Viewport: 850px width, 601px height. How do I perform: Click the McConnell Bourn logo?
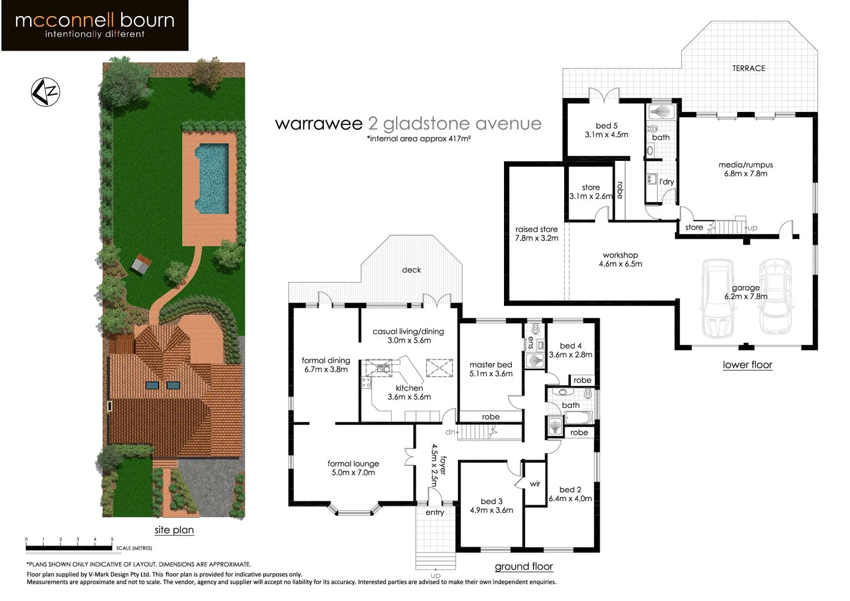coord(95,26)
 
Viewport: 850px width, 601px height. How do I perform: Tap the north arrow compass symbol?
coord(45,92)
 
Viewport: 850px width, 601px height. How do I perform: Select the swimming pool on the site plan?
coord(211,179)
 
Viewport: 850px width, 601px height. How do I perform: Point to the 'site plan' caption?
coord(174,530)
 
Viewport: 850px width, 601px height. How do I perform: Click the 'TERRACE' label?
coord(748,68)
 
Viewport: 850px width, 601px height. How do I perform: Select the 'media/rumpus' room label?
coord(745,165)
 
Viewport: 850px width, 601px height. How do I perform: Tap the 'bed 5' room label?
coord(606,126)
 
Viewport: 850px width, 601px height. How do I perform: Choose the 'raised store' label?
coord(536,229)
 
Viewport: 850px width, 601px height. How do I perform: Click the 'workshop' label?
coord(620,255)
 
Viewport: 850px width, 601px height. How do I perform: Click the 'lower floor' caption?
coord(747,364)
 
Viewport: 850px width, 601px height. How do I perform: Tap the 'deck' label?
coord(411,270)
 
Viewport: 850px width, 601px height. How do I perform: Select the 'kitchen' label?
coord(409,388)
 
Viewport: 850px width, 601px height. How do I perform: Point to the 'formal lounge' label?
coord(353,464)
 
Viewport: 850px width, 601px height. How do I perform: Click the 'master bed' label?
coord(491,365)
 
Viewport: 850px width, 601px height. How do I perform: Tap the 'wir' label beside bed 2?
coord(535,484)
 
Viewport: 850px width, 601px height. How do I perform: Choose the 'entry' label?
coord(434,513)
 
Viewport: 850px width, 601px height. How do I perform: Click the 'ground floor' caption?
coord(523,566)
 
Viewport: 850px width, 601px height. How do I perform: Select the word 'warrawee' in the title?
coord(318,124)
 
